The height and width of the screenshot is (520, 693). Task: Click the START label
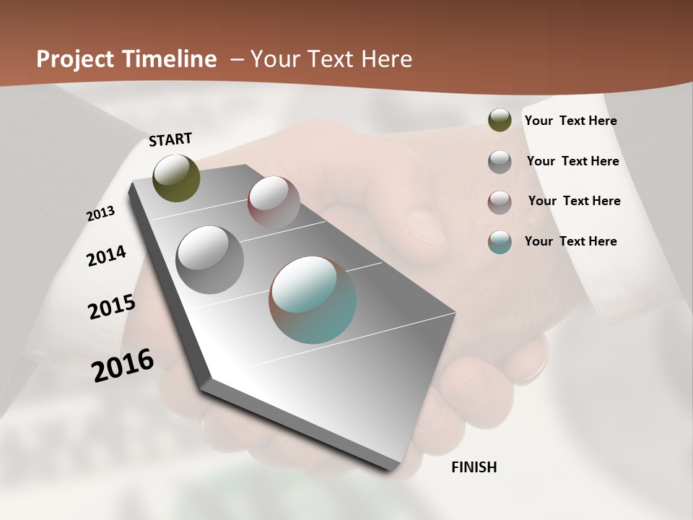pyautogui.click(x=170, y=139)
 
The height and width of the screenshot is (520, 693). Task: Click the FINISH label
pyautogui.click(x=474, y=467)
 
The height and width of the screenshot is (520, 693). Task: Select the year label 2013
pyautogui.click(x=100, y=214)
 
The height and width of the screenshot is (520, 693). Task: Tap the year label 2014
pyautogui.click(x=106, y=256)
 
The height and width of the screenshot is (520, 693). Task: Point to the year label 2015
pyautogui.click(x=112, y=307)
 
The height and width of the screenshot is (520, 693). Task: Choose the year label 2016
pyautogui.click(x=123, y=365)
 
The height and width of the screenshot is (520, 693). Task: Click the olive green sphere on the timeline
pyautogui.click(x=176, y=178)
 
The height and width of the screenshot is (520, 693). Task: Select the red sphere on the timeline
pyautogui.click(x=274, y=202)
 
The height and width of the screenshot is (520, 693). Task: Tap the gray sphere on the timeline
pyautogui.click(x=209, y=260)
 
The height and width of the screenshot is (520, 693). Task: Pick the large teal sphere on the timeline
pyautogui.click(x=313, y=300)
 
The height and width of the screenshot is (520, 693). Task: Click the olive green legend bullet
pyautogui.click(x=500, y=120)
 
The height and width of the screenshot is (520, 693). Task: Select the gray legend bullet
pyautogui.click(x=500, y=162)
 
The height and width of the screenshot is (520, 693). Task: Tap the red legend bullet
pyautogui.click(x=500, y=202)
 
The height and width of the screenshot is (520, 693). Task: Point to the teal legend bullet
pyautogui.click(x=500, y=242)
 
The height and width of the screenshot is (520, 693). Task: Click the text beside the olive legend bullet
pyautogui.click(x=570, y=121)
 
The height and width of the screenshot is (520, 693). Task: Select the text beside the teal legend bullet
pyautogui.click(x=570, y=241)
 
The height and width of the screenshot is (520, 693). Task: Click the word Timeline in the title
pyautogui.click(x=170, y=59)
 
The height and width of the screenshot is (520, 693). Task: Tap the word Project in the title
pyautogui.click(x=74, y=59)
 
